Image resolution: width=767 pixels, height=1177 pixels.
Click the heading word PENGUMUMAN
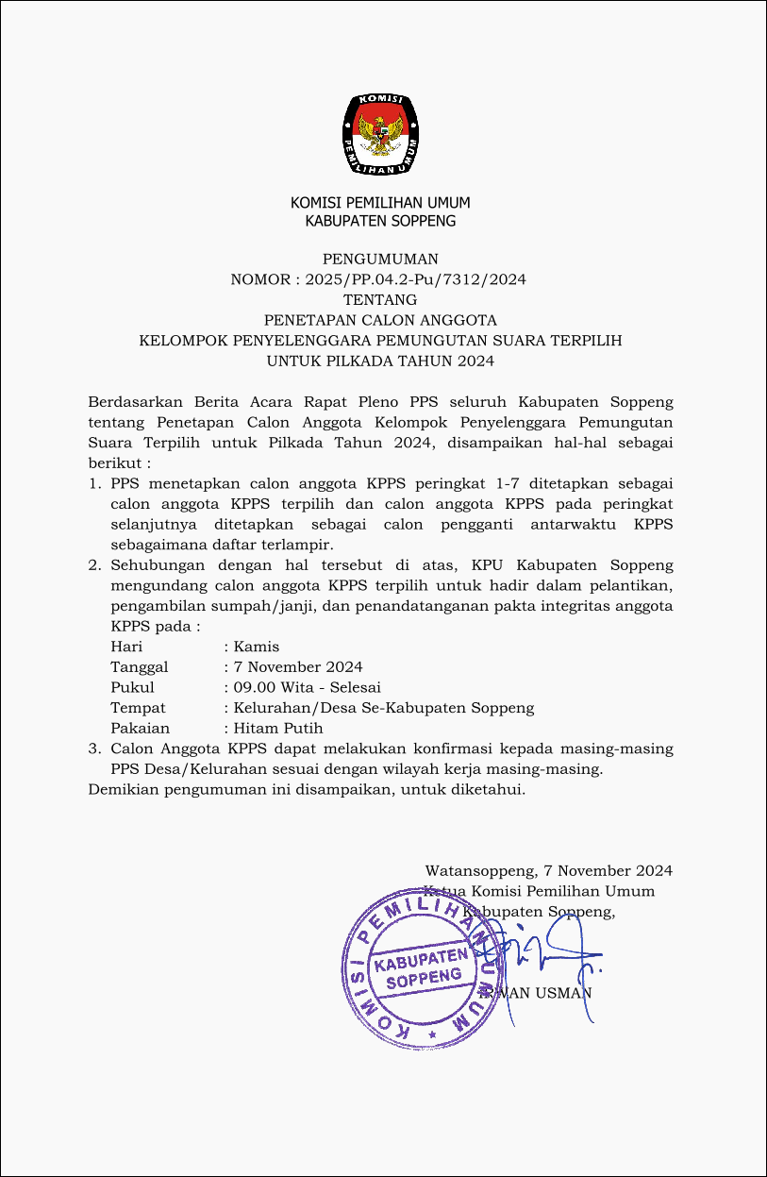(380, 260)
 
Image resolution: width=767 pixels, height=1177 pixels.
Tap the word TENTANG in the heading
(380, 300)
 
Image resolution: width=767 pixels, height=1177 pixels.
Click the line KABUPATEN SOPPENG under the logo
(380, 221)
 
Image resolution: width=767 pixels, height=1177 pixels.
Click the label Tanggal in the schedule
(140, 667)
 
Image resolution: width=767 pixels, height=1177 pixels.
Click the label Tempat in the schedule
(138, 708)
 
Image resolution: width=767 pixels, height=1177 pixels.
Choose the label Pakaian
(141, 728)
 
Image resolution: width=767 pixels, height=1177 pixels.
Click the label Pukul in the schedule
(132, 687)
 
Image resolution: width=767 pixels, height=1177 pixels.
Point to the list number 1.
(93, 483)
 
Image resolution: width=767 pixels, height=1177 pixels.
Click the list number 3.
(93, 748)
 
